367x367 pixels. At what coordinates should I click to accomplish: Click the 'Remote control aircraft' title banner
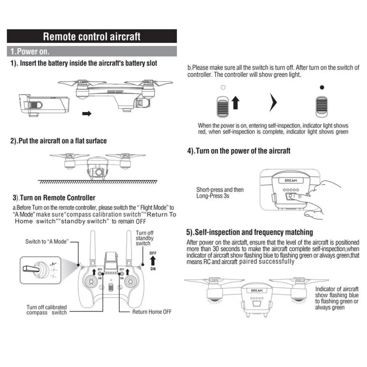coord(92,37)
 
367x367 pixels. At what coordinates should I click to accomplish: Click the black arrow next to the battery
coord(87,114)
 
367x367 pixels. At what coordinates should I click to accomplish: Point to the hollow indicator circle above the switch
coord(223,87)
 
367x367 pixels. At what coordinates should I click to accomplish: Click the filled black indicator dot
coord(322,87)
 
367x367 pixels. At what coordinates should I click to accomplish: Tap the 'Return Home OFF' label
coord(152,312)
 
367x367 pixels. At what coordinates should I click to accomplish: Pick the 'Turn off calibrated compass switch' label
coord(47,310)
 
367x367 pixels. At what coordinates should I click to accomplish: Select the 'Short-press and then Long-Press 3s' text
coord(220,193)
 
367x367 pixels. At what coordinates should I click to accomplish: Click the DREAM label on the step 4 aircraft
coord(291,181)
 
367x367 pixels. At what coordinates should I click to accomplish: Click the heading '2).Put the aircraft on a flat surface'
coord(58,141)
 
